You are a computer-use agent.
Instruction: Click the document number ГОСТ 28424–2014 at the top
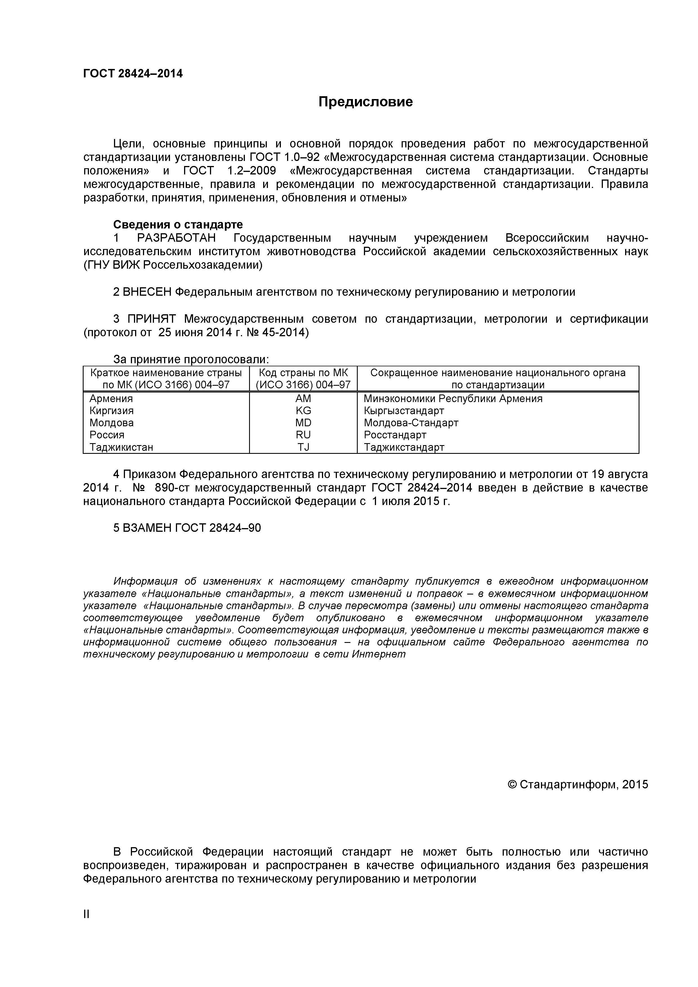(x=133, y=73)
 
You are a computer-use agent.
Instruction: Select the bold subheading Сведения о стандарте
(x=178, y=225)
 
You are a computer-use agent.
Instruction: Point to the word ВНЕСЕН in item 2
(x=147, y=292)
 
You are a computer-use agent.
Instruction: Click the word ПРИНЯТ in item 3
(x=151, y=319)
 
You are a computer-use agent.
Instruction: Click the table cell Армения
(x=111, y=398)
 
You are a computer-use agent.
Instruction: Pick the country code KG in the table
(x=303, y=410)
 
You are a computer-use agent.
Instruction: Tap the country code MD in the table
(x=303, y=423)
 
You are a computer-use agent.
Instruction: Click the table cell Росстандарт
(x=395, y=435)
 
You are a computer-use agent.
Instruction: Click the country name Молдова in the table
(x=111, y=423)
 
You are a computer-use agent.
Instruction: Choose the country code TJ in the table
(x=303, y=447)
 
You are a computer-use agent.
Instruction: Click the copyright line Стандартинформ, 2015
(x=578, y=784)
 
